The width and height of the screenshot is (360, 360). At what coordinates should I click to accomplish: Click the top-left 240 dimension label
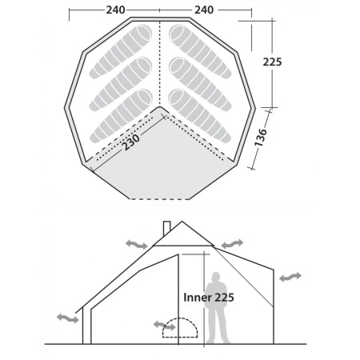115,10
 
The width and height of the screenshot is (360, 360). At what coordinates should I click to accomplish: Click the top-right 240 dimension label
205,10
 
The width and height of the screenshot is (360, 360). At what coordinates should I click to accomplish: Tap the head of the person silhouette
214,276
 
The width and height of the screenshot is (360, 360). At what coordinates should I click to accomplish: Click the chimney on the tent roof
166,227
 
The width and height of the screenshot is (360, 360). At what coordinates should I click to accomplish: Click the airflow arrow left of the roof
137,244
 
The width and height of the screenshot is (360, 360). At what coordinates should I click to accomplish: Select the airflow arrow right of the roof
231,242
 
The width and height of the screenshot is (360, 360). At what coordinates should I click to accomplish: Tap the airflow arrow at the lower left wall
68,318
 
